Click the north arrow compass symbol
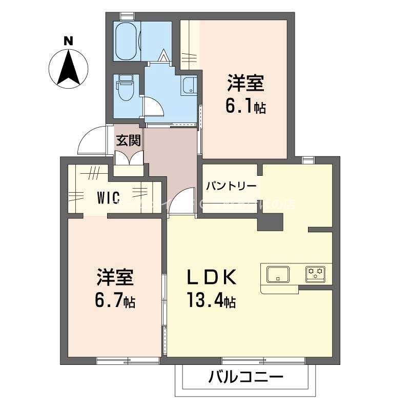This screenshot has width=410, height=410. pos(69,67)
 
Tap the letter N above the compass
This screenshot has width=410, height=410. pos(68,40)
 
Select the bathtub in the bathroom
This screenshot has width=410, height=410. pos(126,42)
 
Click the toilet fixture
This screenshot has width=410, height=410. pos(125,88)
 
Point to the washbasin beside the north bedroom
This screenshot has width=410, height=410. pos(189,85)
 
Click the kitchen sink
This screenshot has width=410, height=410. pos(277,274)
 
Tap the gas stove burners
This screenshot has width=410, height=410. pos(315,274)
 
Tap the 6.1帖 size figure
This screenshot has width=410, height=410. pos(245,107)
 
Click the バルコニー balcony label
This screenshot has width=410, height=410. pos(245,379)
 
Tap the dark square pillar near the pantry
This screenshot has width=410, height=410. pos(270,221)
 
